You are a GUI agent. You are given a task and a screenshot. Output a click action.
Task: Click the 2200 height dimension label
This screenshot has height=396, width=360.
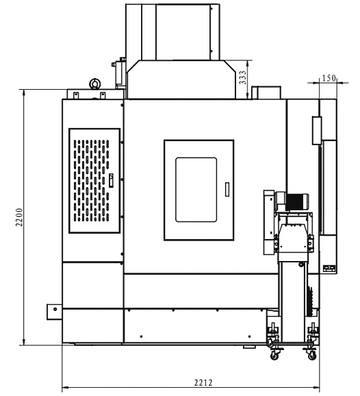(19, 217)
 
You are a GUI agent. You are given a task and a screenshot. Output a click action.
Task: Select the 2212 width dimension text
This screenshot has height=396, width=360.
(203, 383)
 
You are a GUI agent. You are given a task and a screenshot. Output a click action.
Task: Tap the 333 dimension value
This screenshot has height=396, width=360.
(242, 77)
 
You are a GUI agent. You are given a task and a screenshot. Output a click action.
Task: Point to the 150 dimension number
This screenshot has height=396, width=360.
(329, 78)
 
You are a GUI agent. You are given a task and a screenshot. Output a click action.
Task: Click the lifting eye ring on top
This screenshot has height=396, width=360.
(95, 84)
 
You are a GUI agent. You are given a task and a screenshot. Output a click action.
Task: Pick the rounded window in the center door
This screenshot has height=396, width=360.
(196, 190)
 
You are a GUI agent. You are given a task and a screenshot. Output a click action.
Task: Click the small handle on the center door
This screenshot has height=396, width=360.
(227, 189)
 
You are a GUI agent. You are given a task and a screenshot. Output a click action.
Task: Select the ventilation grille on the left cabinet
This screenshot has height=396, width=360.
(92, 181)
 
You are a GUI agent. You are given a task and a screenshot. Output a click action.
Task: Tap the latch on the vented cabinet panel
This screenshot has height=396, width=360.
(111, 180)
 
